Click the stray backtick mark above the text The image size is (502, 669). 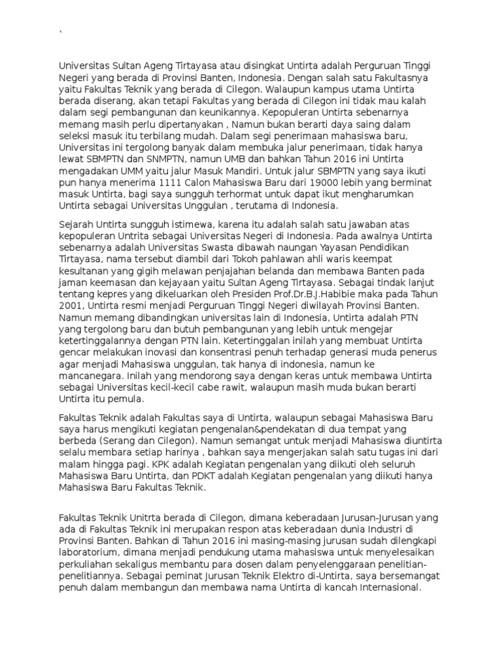(x=61, y=33)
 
